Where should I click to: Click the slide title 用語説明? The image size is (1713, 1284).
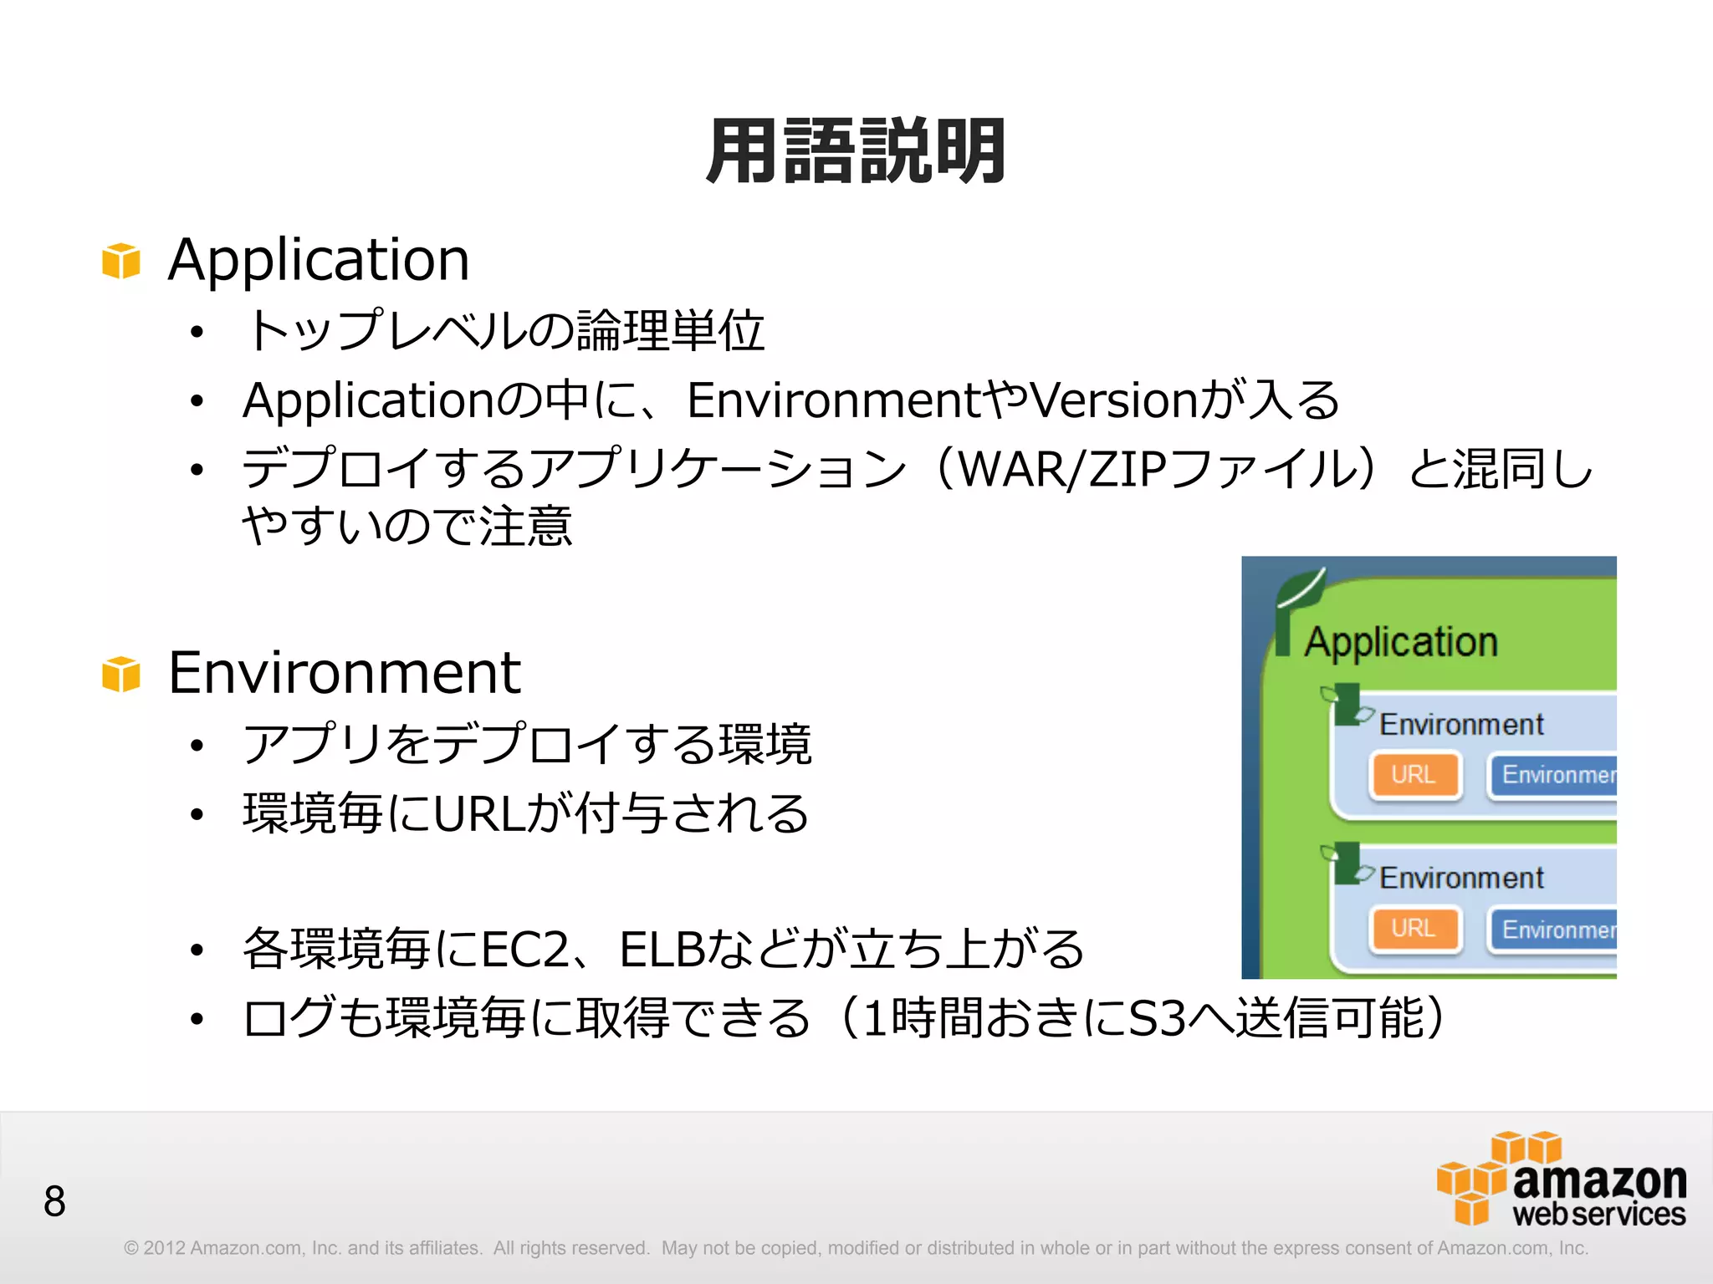pos(856,152)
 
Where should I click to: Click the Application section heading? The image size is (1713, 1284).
pos(319,259)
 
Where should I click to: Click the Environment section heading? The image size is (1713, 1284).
pos(344,672)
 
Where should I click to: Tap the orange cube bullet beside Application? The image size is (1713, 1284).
pos(121,261)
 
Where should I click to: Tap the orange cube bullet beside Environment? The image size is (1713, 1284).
pos(121,674)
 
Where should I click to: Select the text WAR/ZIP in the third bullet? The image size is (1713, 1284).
pos(1062,469)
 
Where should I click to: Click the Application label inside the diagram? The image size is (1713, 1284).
pos(1401,642)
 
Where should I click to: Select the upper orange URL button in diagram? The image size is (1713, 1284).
pos(1414,775)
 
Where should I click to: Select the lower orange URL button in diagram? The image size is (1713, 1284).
pos(1414,929)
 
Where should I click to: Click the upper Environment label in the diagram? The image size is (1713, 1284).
pos(1461,724)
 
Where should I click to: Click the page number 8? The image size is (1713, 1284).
pos(54,1202)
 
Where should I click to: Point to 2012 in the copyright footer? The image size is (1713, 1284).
pos(164,1248)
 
